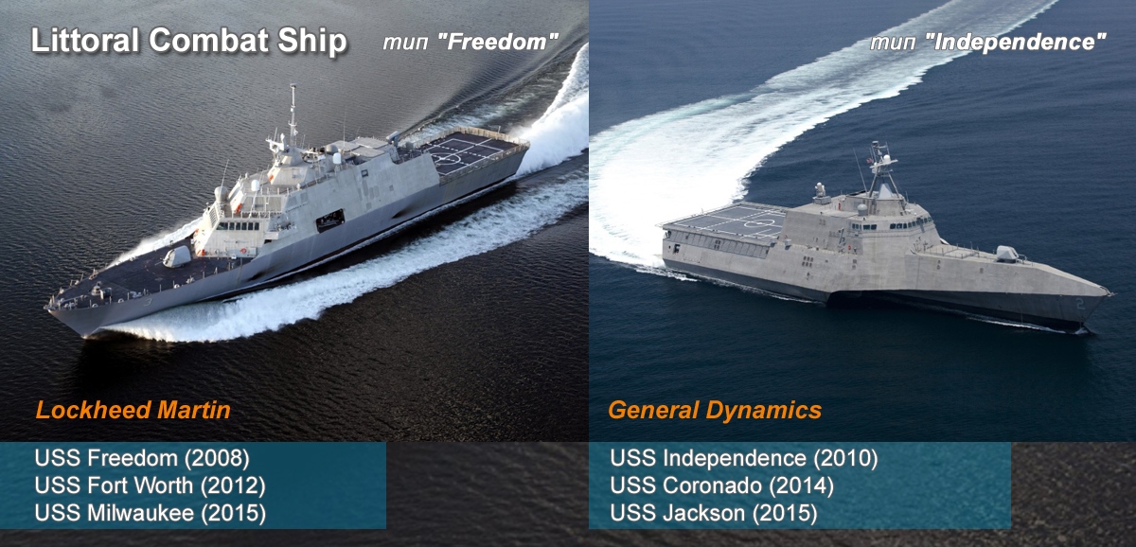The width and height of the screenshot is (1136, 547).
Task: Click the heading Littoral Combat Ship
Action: [x=189, y=41]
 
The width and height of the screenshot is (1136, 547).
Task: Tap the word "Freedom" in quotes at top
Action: [x=498, y=42]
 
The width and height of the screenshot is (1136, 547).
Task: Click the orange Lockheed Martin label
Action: [x=133, y=410]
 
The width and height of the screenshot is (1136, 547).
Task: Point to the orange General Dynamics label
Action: [x=715, y=410]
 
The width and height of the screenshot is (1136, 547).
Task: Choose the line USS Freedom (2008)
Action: [x=142, y=458]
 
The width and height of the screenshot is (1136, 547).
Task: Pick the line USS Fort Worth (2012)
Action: [x=151, y=485]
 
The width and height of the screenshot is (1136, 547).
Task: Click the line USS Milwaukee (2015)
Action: [x=151, y=513]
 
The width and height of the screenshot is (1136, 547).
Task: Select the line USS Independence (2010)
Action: [x=744, y=458]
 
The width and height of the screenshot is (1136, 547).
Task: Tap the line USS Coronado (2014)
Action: [x=721, y=485]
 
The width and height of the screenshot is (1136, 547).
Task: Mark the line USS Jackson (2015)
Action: [x=714, y=513]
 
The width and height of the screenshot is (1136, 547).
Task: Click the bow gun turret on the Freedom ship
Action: [x=177, y=256]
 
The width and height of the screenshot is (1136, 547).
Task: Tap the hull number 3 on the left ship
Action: [x=148, y=303]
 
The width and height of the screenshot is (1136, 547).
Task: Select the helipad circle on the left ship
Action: [x=447, y=159]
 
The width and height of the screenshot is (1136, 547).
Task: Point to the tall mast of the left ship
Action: [x=293, y=115]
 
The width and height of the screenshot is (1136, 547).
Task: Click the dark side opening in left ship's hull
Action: [x=330, y=221]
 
